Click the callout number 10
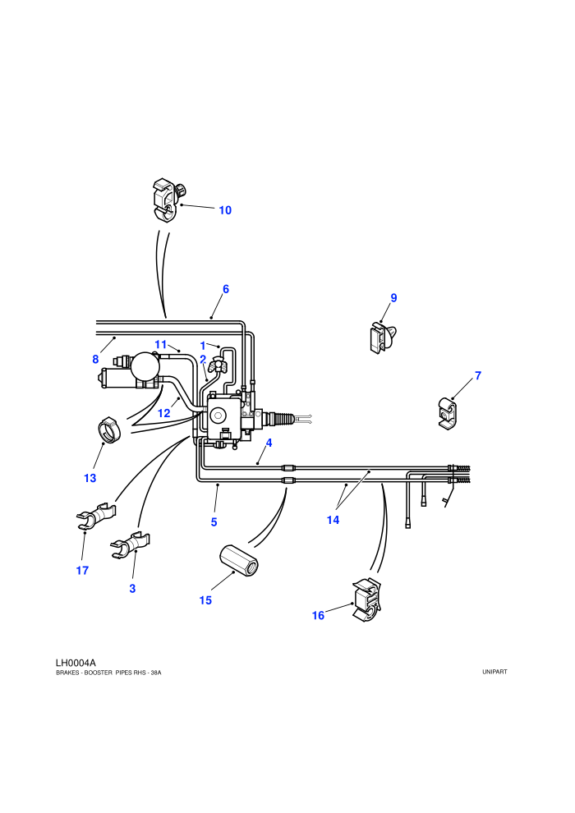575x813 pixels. pos(225,210)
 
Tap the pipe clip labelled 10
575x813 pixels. pos(168,200)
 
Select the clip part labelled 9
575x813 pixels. pos(382,337)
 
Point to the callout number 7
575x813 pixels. pos(478,374)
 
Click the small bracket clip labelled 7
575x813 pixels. pos(448,414)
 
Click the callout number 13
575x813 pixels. pos(90,478)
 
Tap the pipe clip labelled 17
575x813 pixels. pos(96,516)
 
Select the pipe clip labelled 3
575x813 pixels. pos(130,545)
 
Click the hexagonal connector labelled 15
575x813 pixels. pos(238,561)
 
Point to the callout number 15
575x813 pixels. pos(205,600)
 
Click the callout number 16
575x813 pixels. pos(318,615)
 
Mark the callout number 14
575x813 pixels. pos(333,520)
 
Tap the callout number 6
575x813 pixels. pos(226,289)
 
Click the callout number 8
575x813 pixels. pos(95,360)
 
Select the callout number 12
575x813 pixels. pos(163,413)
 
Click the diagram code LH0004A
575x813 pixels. pos(76,663)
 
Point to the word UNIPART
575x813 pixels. pos(494,672)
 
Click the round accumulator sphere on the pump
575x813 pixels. pos(145,366)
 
